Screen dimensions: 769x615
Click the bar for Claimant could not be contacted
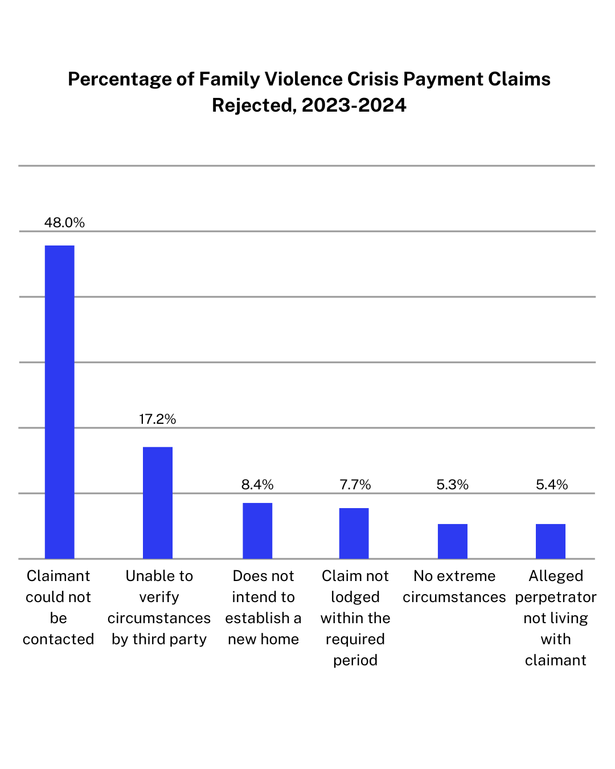[x=59, y=402]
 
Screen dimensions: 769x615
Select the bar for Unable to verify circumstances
[x=158, y=502]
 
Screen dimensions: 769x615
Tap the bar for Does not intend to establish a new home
[x=257, y=530]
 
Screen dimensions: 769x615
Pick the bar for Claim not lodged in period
[x=354, y=533]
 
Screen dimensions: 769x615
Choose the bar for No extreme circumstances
[x=453, y=541]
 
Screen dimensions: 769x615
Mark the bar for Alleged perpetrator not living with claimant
[x=551, y=541]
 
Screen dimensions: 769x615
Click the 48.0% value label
[x=64, y=223]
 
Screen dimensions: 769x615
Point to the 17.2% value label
[x=157, y=419]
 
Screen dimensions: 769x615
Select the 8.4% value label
[x=257, y=485]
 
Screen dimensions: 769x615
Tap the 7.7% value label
[x=355, y=485]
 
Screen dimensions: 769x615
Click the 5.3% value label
[x=453, y=485]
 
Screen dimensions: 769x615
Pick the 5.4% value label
[x=552, y=485]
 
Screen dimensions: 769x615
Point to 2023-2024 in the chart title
[x=354, y=105]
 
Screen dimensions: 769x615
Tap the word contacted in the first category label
[x=58, y=639]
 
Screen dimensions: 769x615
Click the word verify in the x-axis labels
[x=159, y=597]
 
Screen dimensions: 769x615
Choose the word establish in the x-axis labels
[x=257, y=618]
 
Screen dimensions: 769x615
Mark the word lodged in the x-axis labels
[x=355, y=597]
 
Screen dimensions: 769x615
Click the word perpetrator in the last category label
[x=556, y=597]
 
